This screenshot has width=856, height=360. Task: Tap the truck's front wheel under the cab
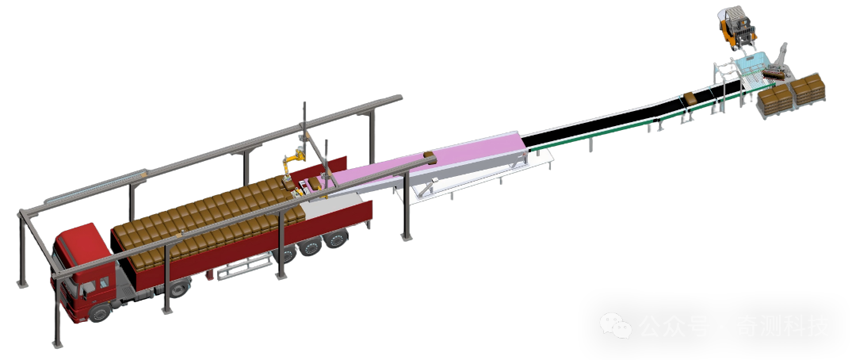click(x=100, y=311)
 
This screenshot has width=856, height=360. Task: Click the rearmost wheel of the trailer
click(x=335, y=239)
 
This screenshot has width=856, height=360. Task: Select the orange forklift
click(x=737, y=28)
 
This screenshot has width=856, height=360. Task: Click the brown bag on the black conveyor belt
click(x=690, y=99)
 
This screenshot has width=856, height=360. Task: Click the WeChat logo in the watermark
click(x=616, y=326)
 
